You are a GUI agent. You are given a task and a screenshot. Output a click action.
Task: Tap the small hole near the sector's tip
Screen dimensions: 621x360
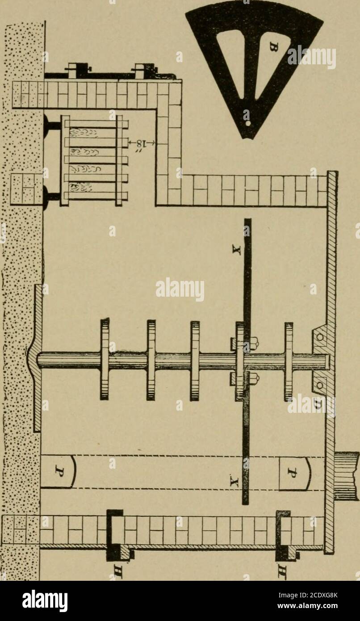pyautogui.click(x=247, y=120)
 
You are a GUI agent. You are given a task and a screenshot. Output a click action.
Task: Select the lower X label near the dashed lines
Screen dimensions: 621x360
pyautogui.click(x=236, y=482)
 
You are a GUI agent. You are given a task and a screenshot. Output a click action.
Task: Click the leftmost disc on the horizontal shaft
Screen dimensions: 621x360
pyautogui.click(x=105, y=359)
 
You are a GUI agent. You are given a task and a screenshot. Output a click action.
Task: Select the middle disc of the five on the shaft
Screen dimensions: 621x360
pyautogui.click(x=195, y=360)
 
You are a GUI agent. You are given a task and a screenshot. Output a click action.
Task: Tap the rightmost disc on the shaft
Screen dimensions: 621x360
pyautogui.click(x=289, y=360)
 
